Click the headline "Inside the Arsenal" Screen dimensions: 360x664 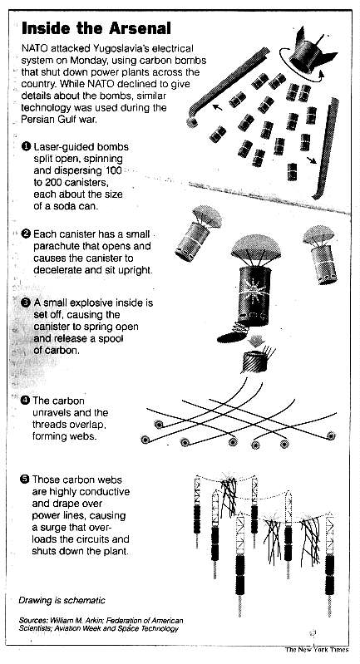click(x=96, y=29)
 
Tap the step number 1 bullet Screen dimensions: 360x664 click(x=27, y=147)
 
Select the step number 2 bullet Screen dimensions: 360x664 click(x=27, y=234)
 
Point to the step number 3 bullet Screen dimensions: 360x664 click(x=27, y=302)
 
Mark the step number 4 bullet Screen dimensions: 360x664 click(x=27, y=401)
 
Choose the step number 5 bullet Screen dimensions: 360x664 click(x=26, y=480)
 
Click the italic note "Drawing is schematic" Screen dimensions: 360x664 click(x=62, y=600)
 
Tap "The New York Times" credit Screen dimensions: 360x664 click(x=317, y=650)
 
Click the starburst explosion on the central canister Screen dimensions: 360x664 click(x=254, y=290)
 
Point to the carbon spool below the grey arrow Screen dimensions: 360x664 click(x=255, y=361)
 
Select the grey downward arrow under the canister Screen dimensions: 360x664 click(x=257, y=339)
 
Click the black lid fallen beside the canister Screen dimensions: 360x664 click(x=232, y=337)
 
